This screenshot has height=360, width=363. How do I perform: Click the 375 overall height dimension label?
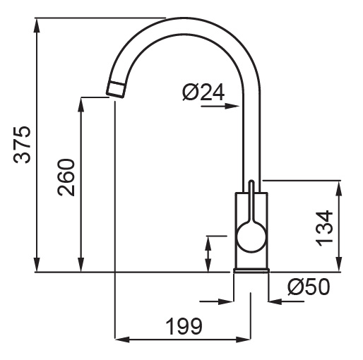[22, 145]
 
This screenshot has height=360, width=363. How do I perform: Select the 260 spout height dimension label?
[66, 177]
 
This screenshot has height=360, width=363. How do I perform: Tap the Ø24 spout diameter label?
[203, 92]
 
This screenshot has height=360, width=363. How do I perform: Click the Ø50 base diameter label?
[309, 287]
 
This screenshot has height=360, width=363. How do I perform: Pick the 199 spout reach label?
[184, 326]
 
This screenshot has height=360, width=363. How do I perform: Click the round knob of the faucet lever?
[251, 237]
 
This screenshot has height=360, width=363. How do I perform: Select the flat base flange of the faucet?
[251, 270]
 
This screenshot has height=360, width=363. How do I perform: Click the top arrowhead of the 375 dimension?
[37, 25]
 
